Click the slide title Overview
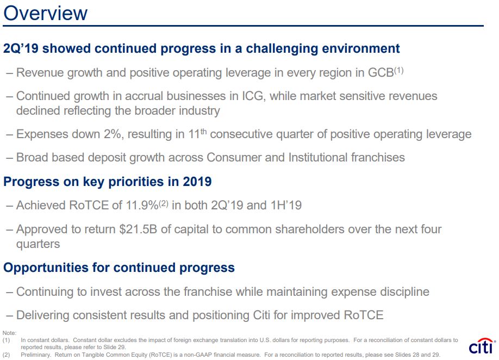[x=45, y=14]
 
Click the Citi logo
[x=482, y=346]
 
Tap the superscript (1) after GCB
[x=399, y=70]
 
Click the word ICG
[x=253, y=96]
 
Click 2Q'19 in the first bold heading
[x=21, y=48]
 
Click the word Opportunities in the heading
[x=46, y=268]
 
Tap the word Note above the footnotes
[x=9, y=333]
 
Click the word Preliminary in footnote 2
[x=36, y=355]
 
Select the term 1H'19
[x=286, y=206]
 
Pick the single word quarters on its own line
[x=38, y=245]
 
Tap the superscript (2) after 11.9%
[x=163, y=203]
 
